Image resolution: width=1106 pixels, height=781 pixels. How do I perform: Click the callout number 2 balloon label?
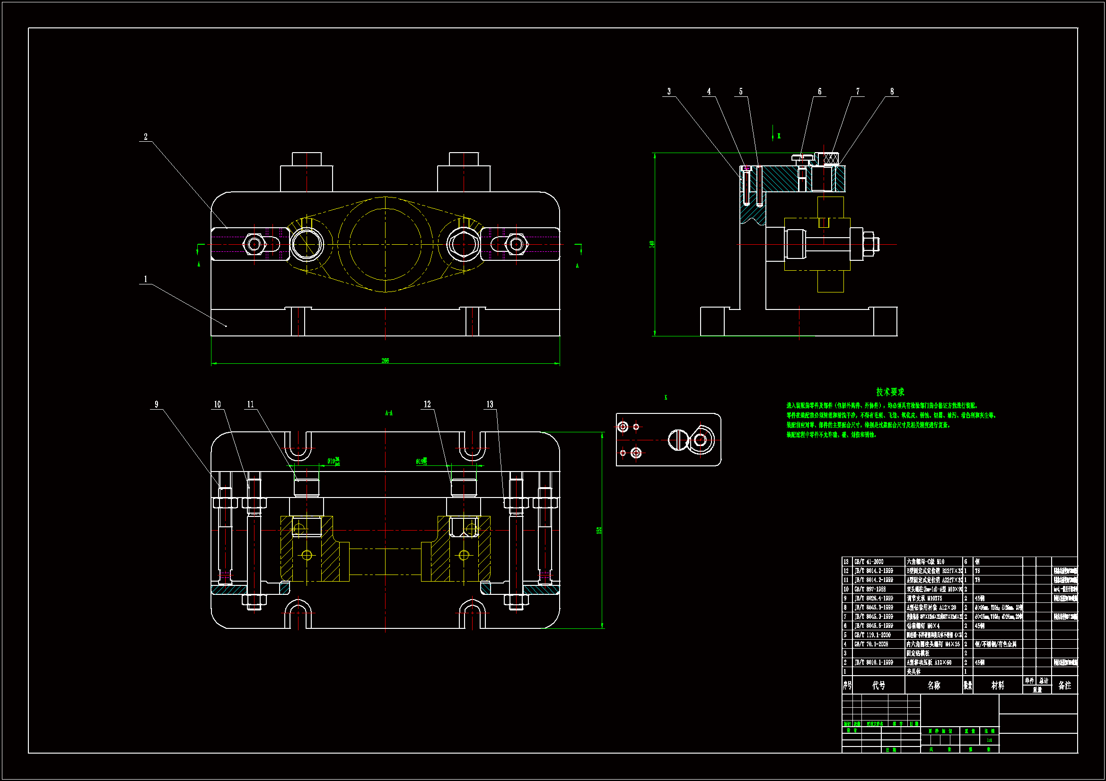click(x=146, y=137)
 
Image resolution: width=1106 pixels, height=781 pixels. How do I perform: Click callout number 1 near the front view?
click(x=146, y=279)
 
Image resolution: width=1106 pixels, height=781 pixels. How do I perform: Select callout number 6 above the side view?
click(x=819, y=92)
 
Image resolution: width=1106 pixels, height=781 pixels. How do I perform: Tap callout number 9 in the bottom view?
click(x=156, y=405)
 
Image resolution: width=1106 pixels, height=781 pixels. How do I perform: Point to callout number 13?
click(x=490, y=405)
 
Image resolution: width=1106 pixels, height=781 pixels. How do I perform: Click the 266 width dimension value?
click(x=386, y=360)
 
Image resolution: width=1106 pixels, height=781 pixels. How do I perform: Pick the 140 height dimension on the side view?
click(x=652, y=244)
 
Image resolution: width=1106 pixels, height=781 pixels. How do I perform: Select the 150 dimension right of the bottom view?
click(x=599, y=530)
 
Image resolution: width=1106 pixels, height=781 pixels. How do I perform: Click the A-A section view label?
click(x=389, y=413)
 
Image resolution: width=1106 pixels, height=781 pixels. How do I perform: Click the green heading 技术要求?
click(x=890, y=392)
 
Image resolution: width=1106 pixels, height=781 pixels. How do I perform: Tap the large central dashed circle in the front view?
click(x=386, y=244)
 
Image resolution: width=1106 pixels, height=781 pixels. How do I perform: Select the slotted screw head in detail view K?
click(x=678, y=439)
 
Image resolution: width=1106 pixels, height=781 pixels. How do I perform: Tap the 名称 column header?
click(x=933, y=685)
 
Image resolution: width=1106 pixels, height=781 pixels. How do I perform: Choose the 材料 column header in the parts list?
click(x=998, y=685)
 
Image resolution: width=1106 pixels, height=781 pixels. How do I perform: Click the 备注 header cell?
click(x=1064, y=685)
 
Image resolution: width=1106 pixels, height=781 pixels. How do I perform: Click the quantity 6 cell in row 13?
click(x=966, y=562)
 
